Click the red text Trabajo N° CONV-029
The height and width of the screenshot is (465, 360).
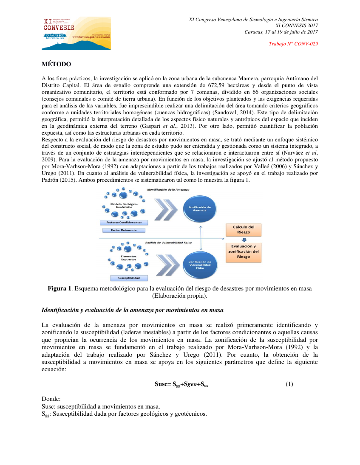(294, 44)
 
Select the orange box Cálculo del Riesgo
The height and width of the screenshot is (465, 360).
(244, 230)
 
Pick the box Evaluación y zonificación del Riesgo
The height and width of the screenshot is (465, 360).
(244, 251)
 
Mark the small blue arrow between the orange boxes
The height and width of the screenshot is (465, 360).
(244, 240)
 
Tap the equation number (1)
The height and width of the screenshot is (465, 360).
(289, 384)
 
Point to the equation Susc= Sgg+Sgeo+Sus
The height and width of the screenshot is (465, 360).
(181, 385)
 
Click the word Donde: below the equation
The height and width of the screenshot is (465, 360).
(51, 400)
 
